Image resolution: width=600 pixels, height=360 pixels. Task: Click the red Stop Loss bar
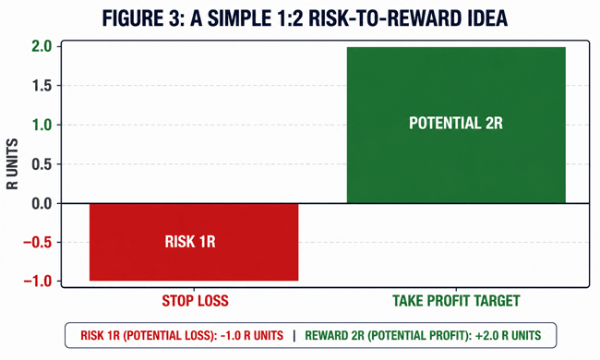pyautogui.click(x=194, y=242)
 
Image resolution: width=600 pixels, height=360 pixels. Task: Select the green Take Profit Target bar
pyautogui.click(x=456, y=126)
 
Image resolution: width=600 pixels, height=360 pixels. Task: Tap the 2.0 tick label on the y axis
pyautogui.click(x=42, y=47)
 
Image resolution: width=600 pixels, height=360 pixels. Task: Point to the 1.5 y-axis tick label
pyautogui.click(x=42, y=86)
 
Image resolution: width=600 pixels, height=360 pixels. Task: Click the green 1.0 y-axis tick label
pyautogui.click(x=42, y=126)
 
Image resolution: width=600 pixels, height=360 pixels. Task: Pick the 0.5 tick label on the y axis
pyautogui.click(x=42, y=164)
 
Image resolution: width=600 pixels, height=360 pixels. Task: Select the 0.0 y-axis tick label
pyautogui.click(x=42, y=203)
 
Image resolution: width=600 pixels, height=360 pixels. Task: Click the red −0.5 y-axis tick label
pyautogui.click(x=38, y=243)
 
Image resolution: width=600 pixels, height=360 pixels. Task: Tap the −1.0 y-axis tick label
pyautogui.click(x=38, y=282)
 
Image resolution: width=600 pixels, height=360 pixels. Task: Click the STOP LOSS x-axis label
pyautogui.click(x=195, y=301)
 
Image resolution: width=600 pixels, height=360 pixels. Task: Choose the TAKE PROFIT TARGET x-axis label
pyautogui.click(x=456, y=301)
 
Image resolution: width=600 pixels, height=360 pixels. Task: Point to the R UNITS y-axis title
pyautogui.click(x=12, y=164)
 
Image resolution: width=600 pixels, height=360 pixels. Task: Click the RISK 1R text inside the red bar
pyautogui.click(x=190, y=242)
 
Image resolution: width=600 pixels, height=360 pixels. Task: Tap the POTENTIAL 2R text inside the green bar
pyautogui.click(x=456, y=123)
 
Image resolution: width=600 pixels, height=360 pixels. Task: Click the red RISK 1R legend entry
pyautogui.click(x=182, y=335)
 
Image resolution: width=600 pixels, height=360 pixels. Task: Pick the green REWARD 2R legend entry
pyautogui.click(x=423, y=335)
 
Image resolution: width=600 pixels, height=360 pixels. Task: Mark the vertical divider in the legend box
pyautogui.click(x=294, y=335)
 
